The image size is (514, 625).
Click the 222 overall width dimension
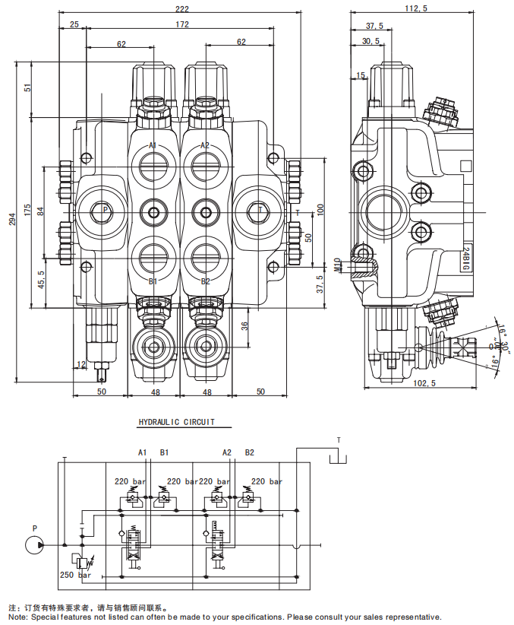pyautogui.click(x=181, y=9)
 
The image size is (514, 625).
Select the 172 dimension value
pyautogui.click(x=180, y=25)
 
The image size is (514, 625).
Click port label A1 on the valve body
pyautogui.click(x=153, y=145)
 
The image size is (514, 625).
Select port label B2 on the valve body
pyautogui.click(x=205, y=281)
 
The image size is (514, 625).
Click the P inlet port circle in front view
pyautogui.click(x=103, y=211)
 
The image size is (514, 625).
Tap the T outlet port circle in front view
pyautogui.click(x=259, y=211)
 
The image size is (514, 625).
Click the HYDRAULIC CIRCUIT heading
pyautogui.click(x=176, y=422)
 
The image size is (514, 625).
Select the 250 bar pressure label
pyautogui.click(x=75, y=576)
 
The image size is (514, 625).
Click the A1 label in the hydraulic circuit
pyautogui.click(x=142, y=452)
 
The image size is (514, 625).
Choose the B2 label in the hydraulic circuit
pyautogui.click(x=249, y=452)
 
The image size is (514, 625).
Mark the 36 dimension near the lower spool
pyautogui.click(x=244, y=326)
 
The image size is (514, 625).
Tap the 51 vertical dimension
pyautogui.click(x=28, y=88)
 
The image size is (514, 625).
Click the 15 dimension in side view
pyautogui.click(x=360, y=75)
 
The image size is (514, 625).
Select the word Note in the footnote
pyautogui.click(x=18, y=617)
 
